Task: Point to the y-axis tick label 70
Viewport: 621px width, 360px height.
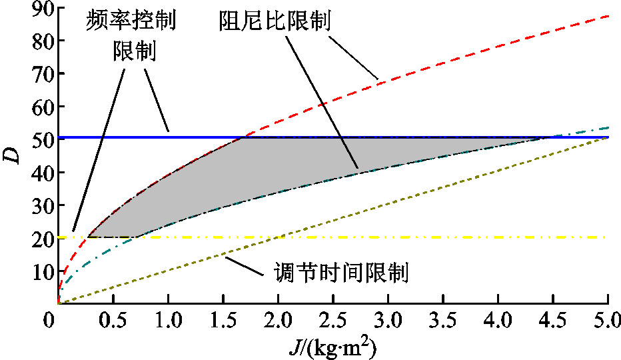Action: [x=41, y=73]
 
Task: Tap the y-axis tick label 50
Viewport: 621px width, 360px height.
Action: [x=41, y=139]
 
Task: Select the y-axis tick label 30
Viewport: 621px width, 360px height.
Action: [x=41, y=205]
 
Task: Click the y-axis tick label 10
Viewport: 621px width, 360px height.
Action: [x=41, y=271]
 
